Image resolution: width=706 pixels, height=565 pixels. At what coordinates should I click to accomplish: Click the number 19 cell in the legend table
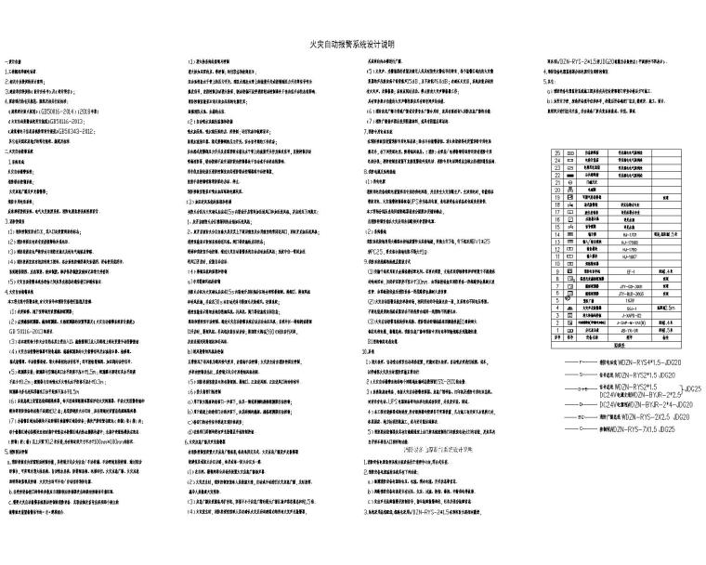(556, 198)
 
